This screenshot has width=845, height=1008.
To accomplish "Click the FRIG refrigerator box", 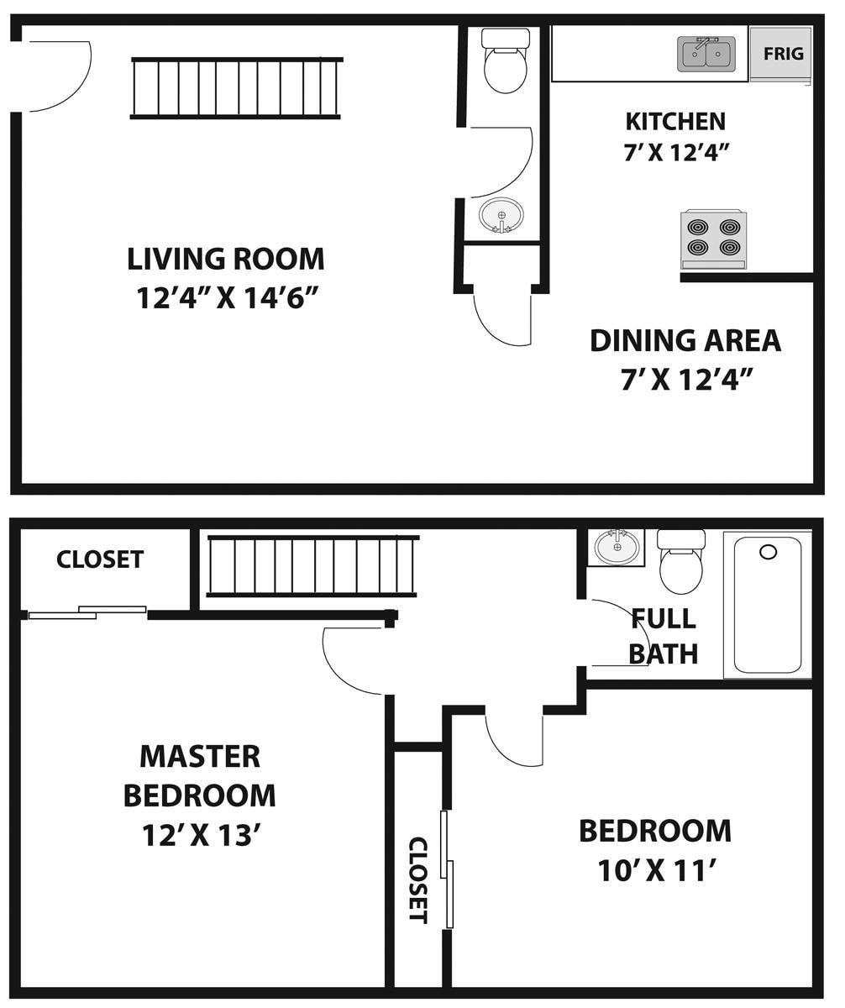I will (782, 54).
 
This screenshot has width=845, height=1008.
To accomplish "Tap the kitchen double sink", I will (706, 53).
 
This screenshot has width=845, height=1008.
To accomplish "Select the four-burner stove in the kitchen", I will (713, 239).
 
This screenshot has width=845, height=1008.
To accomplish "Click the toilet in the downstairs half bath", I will (506, 61).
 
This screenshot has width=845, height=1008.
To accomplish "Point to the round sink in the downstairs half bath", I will (501, 215).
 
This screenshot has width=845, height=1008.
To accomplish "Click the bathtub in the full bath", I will (768, 604).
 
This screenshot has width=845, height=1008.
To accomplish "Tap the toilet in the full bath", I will (680, 562).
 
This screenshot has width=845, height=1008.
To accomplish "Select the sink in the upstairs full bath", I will (617, 547).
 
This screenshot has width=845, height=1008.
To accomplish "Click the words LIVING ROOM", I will (226, 259).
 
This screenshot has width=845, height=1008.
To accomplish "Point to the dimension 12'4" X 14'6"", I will (226, 298).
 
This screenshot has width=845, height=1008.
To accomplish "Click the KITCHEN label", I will (675, 121).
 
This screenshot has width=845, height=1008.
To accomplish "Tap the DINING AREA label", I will (685, 340).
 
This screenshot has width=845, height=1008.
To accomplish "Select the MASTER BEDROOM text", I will (200, 775).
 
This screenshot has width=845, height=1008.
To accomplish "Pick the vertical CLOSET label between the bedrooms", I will (417, 879).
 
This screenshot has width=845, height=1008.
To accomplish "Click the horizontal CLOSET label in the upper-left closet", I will (100, 559).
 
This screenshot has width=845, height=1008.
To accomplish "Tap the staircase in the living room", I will (236, 88).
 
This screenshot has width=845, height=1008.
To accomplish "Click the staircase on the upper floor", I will (312, 566).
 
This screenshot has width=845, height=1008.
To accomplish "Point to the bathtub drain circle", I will (768, 552).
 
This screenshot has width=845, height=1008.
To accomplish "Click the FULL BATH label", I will (664, 636).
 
